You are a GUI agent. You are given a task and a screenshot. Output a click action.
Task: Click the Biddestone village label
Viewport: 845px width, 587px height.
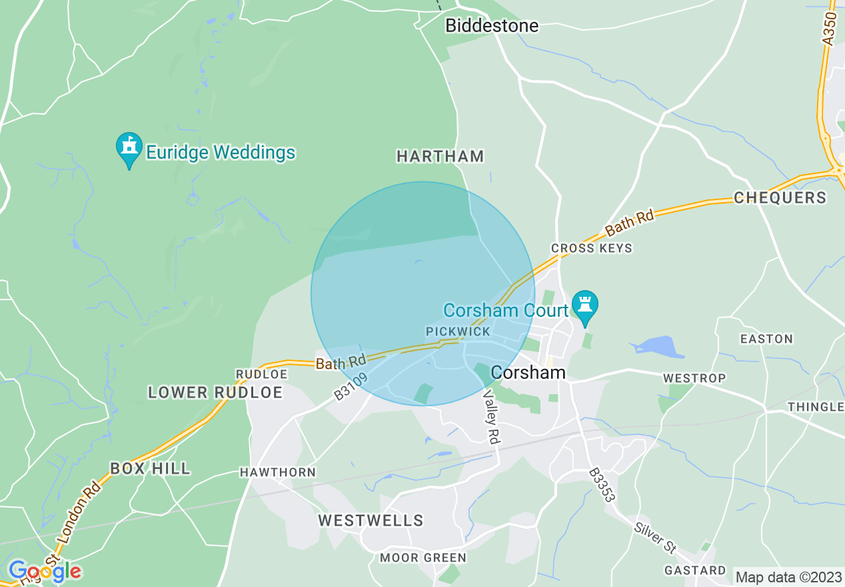coord(492,26)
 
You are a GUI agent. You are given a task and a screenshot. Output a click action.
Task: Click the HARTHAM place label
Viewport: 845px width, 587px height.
coord(440,157)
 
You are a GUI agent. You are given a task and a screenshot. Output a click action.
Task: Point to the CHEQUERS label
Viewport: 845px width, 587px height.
coord(780,198)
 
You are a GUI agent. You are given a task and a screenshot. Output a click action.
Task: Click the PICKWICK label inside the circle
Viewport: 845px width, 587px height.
coord(458,332)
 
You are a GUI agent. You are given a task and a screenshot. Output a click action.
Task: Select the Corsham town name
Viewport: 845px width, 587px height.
coord(528,372)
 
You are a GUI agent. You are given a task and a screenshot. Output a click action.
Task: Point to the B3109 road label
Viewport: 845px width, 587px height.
coord(351,386)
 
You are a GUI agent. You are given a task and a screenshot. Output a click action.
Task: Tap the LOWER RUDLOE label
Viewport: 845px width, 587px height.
coord(215,393)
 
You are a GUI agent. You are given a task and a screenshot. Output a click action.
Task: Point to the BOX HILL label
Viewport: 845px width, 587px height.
coord(150,469)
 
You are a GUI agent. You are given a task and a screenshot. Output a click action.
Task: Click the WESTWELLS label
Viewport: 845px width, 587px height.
coord(371,520)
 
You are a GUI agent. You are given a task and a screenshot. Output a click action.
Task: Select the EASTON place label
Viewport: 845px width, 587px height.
coord(766,339)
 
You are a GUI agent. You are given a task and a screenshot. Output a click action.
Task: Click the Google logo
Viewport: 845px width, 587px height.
coord(45,571)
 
